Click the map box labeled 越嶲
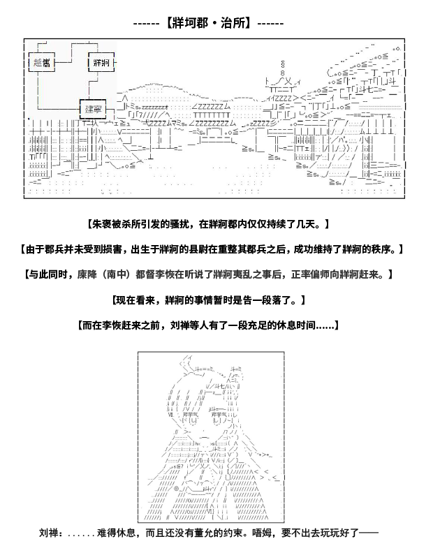[42, 62]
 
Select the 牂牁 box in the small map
[101, 62]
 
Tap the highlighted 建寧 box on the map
[93, 110]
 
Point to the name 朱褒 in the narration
[102, 224]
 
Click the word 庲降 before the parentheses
[87, 274]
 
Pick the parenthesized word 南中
[116, 274]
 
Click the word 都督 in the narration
[145, 274]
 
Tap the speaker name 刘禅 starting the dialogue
[49, 533]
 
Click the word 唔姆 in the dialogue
[262, 533]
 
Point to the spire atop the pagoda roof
[283, 68]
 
